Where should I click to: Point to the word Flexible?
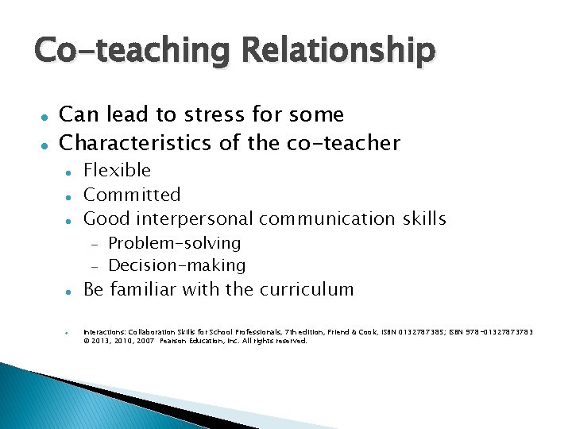(117, 170)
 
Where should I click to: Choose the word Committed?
(132, 195)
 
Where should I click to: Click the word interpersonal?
(195, 218)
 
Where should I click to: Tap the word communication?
(326, 218)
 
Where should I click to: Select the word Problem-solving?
(174, 243)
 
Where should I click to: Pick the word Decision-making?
(176, 265)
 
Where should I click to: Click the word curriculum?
(306, 289)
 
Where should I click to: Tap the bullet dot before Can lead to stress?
(45, 116)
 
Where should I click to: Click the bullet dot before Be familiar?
(70, 291)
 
